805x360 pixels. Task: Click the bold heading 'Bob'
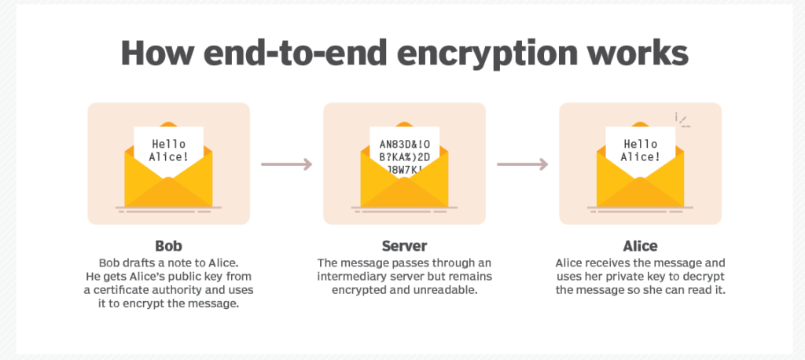[169, 246]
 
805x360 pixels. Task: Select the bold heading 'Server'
[404, 246]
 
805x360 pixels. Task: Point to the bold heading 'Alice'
[640, 246]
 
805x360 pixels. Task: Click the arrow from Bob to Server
[286, 164]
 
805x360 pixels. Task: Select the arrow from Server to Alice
[522, 164]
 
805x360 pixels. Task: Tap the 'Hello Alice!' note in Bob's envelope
[169, 150]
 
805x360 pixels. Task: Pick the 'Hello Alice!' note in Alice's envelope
[640, 150]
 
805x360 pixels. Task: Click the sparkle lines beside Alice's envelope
[682, 120]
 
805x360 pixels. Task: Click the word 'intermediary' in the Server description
[355, 277]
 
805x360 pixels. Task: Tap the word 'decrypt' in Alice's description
[703, 277]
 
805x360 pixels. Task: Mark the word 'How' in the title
[154, 54]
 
